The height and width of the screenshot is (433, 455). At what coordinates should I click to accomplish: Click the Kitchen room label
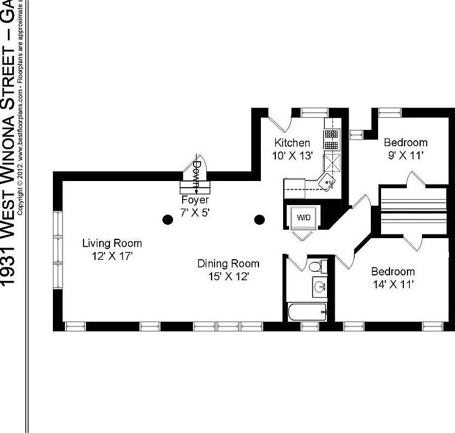pyautogui.click(x=292, y=143)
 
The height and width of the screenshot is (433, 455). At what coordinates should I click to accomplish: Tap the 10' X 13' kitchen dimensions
pyautogui.click(x=292, y=155)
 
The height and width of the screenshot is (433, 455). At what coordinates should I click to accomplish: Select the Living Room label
pyautogui.click(x=112, y=244)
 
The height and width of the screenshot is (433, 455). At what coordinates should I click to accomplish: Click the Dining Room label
pyautogui.click(x=228, y=263)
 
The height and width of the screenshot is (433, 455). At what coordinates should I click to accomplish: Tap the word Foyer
pyautogui.click(x=195, y=200)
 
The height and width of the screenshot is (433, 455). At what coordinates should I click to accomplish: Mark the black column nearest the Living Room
pyautogui.click(x=166, y=220)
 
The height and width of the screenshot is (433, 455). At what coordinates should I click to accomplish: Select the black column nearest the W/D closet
pyautogui.click(x=260, y=220)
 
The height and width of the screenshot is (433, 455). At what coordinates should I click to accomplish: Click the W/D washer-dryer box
pyautogui.click(x=302, y=218)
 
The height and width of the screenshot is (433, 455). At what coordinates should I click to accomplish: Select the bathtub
pyautogui.click(x=307, y=312)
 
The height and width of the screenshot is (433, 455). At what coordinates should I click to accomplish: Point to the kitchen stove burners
pyautogui.click(x=331, y=140)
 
